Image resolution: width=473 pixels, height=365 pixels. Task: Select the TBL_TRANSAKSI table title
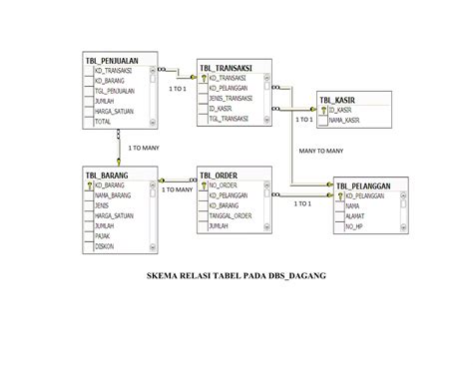[226, 67]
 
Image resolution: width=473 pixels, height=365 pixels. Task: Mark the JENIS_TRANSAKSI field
[231, 98]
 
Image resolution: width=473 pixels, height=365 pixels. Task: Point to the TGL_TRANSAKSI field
[229, 118]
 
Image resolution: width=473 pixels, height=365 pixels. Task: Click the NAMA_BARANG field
[114, 196]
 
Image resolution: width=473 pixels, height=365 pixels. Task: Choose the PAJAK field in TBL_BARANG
[103, 235]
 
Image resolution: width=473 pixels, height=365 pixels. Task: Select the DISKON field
[104, 245]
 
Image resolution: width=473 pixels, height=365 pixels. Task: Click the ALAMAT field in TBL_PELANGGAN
[355, 216]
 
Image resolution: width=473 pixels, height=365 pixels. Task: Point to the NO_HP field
[353, 226]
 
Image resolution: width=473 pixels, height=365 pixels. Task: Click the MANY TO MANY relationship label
[321, 151]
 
